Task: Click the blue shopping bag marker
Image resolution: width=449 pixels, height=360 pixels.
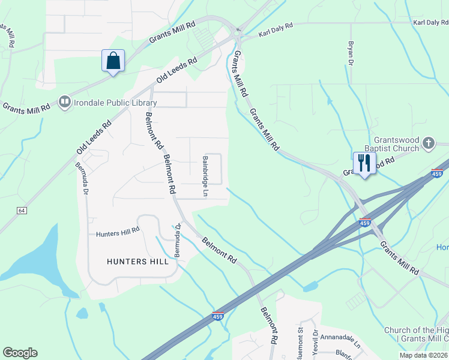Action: tap(113, 61)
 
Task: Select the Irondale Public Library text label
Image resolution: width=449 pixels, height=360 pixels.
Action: tap(115, 103)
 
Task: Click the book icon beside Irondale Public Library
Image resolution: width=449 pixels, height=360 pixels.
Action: tap(64, 103)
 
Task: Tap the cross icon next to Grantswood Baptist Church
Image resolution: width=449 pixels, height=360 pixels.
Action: tap(428, 143)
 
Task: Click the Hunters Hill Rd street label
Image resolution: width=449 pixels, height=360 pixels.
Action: tap(118, 230)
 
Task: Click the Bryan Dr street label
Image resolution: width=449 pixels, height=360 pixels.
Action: tap(349, 52)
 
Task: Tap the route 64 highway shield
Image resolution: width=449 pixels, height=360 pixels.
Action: tap(22, 211)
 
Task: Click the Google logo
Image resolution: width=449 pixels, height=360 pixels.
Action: tap(20, 353)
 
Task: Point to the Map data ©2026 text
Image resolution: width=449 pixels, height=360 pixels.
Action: tap(423, 355)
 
